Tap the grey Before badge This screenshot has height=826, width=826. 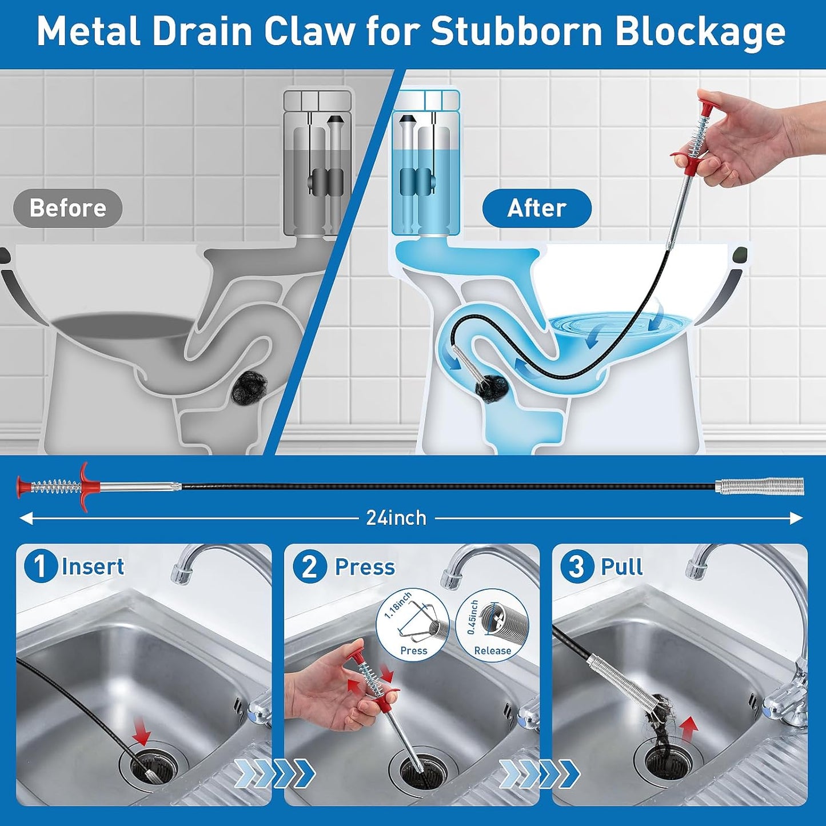(67, 208)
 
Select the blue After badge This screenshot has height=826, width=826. (536, 208)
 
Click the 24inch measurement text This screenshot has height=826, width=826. (396, 518)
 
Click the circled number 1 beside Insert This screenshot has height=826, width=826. (39, 566)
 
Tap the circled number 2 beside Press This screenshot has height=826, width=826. (309, 566)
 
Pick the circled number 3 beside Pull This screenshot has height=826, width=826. (576, 566)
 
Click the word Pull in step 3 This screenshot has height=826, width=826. (621, 566)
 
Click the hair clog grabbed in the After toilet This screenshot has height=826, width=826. (491, 387)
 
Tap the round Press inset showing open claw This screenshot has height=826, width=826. (413, 625)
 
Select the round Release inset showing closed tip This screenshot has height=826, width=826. (493, 625)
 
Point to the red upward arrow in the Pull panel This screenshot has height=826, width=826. (689, 727)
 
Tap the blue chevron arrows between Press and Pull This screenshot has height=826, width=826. (539, 773)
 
